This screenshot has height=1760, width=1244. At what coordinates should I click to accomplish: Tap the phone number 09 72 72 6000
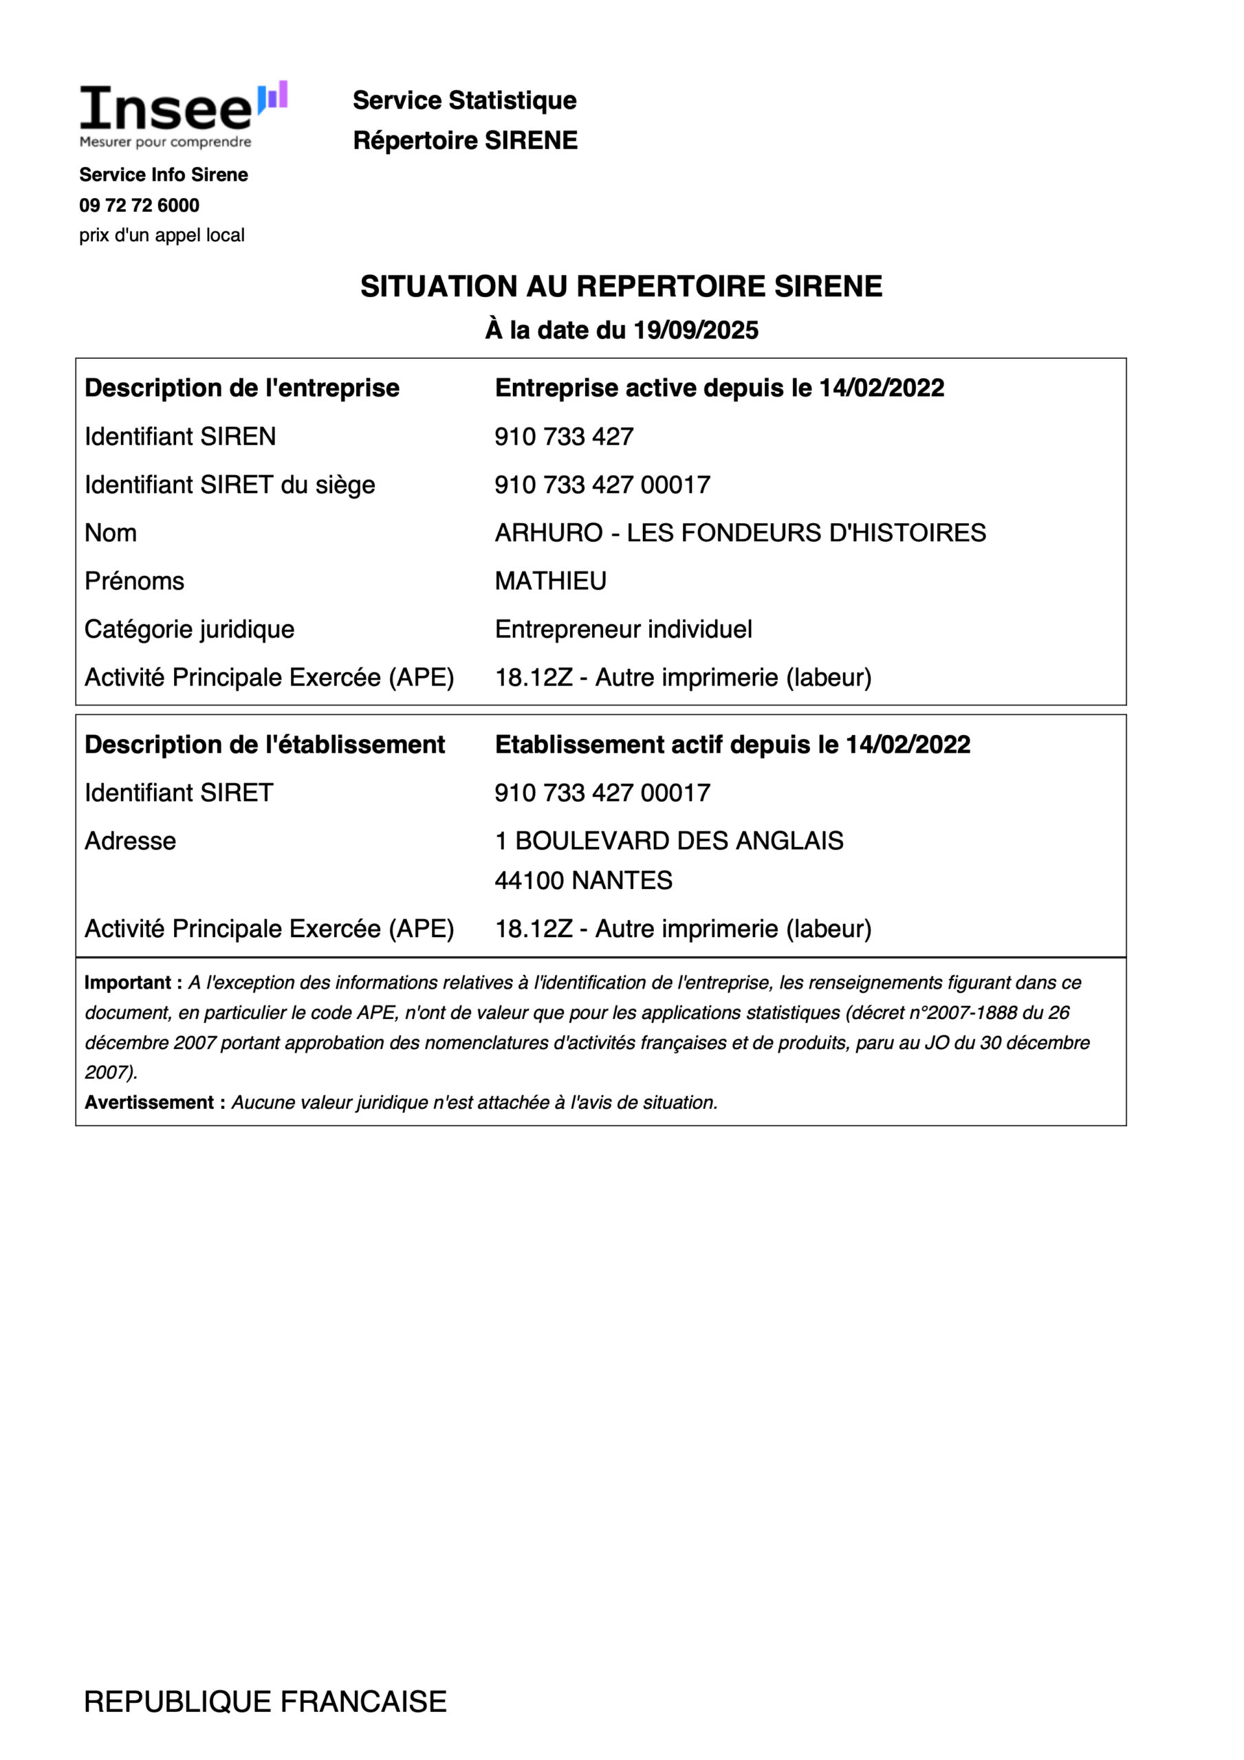(x=139, y=206)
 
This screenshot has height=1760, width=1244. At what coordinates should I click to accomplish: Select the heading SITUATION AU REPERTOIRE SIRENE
(x=621, y=287)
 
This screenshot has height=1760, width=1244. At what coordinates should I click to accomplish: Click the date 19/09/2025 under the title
(x=696, y=331)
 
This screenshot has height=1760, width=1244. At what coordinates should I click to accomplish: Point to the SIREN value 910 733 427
(x=564, y=437)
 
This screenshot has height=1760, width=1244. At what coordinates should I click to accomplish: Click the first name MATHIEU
(x=550, y=581)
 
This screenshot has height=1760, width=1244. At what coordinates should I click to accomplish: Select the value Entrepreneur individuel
(x=623, y=629)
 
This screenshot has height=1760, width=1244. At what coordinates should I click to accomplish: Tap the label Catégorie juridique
(x=189, y=629)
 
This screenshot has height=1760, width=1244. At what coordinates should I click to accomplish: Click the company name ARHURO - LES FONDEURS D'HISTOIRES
(x=740, y=533)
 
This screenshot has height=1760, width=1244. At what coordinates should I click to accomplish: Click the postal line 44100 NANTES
(x=583, y=881)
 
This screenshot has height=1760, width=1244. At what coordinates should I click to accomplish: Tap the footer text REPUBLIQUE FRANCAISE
(x=265, y=1702)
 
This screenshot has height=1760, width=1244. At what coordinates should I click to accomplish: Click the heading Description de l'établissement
(x=265, y=745)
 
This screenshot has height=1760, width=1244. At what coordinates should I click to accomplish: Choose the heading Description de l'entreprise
(x=241, y=388)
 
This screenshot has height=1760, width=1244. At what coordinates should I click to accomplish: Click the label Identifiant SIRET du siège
(x=229, y=485)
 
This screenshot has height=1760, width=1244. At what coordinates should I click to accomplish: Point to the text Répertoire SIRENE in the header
(x=465, y=140)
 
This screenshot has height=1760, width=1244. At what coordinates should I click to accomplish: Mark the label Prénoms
(x=134, y=581)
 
